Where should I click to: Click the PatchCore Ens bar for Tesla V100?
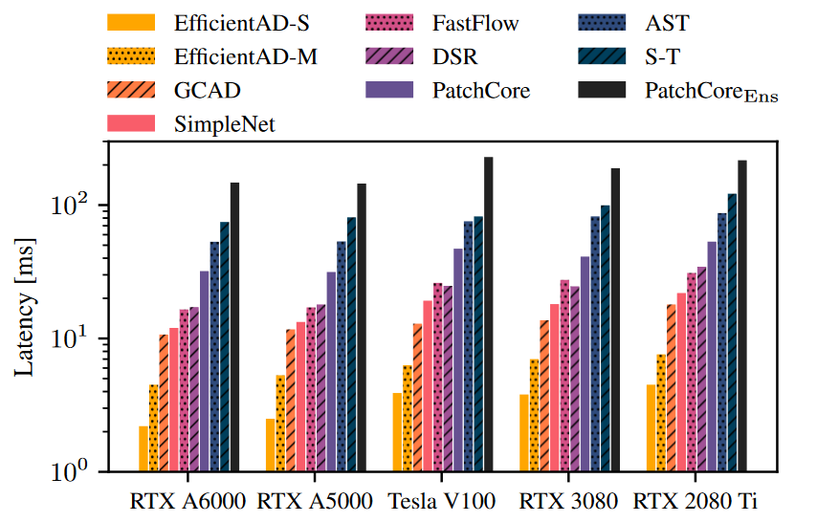pyautogui.click(x=488, y=315)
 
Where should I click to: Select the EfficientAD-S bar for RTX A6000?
pyautogui.click(x=144, y=449)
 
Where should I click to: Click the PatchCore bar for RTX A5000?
pyautogui.click(x=331, y=372)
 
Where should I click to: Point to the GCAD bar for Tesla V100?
pyautogui.click(x=417, y=398)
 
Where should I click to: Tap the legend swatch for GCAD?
pyautogui.click(x=131, y=91)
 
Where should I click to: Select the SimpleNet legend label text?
pyautogui.click(x=224, y=123)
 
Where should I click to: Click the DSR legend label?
pyautogui.click(x=449, y=56)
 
